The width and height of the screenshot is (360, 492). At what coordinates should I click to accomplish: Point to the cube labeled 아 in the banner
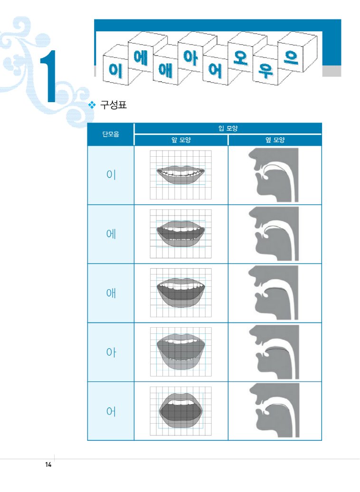point(190,57)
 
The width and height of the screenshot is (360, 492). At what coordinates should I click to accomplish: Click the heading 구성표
point(114,104)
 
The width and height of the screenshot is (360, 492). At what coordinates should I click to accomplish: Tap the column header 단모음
point(111,134)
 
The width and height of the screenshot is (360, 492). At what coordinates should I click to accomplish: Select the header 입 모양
point(228,128)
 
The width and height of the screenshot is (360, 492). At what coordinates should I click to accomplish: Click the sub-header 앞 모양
point(181,140)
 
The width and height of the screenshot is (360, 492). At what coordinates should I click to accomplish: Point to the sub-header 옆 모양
point(275,140)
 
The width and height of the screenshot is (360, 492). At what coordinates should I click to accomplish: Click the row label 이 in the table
point(111,174)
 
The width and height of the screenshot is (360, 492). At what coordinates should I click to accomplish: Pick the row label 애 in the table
point(111,293)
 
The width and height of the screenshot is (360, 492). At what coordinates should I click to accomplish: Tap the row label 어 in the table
point(111,411)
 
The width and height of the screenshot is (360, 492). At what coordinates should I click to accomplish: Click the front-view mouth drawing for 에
point(181,234)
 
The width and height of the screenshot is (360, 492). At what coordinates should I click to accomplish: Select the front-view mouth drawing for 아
point(181,352)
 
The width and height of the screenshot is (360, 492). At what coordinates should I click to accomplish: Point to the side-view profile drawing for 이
point(274,175)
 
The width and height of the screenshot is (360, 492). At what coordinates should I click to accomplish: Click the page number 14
point(48,465)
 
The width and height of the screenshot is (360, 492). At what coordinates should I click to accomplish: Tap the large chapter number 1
point(48,76)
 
